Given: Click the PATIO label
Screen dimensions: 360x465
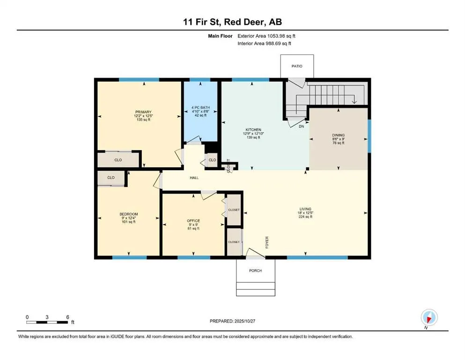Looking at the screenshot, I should [297, 66].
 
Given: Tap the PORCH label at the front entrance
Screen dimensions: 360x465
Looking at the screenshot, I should [255, 270].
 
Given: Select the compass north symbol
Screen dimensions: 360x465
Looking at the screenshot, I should [428, 318].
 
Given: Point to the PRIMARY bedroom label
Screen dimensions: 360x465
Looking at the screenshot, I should [143, 112].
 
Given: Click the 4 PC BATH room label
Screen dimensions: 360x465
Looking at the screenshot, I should [201, 108].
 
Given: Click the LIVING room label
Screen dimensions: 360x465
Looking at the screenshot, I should [305, 209].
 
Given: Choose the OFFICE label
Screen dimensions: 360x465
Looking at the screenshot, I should [193, 220].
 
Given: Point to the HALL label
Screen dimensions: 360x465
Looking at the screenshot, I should [194, 178].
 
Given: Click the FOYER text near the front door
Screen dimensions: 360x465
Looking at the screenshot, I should [267, 241].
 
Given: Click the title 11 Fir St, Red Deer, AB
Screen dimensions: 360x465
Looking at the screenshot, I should [232, 22].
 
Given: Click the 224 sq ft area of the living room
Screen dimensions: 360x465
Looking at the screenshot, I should [305, 217].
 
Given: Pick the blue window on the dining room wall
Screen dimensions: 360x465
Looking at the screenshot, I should [369, 136].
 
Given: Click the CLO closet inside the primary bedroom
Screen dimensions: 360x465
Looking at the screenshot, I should [118, 160].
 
